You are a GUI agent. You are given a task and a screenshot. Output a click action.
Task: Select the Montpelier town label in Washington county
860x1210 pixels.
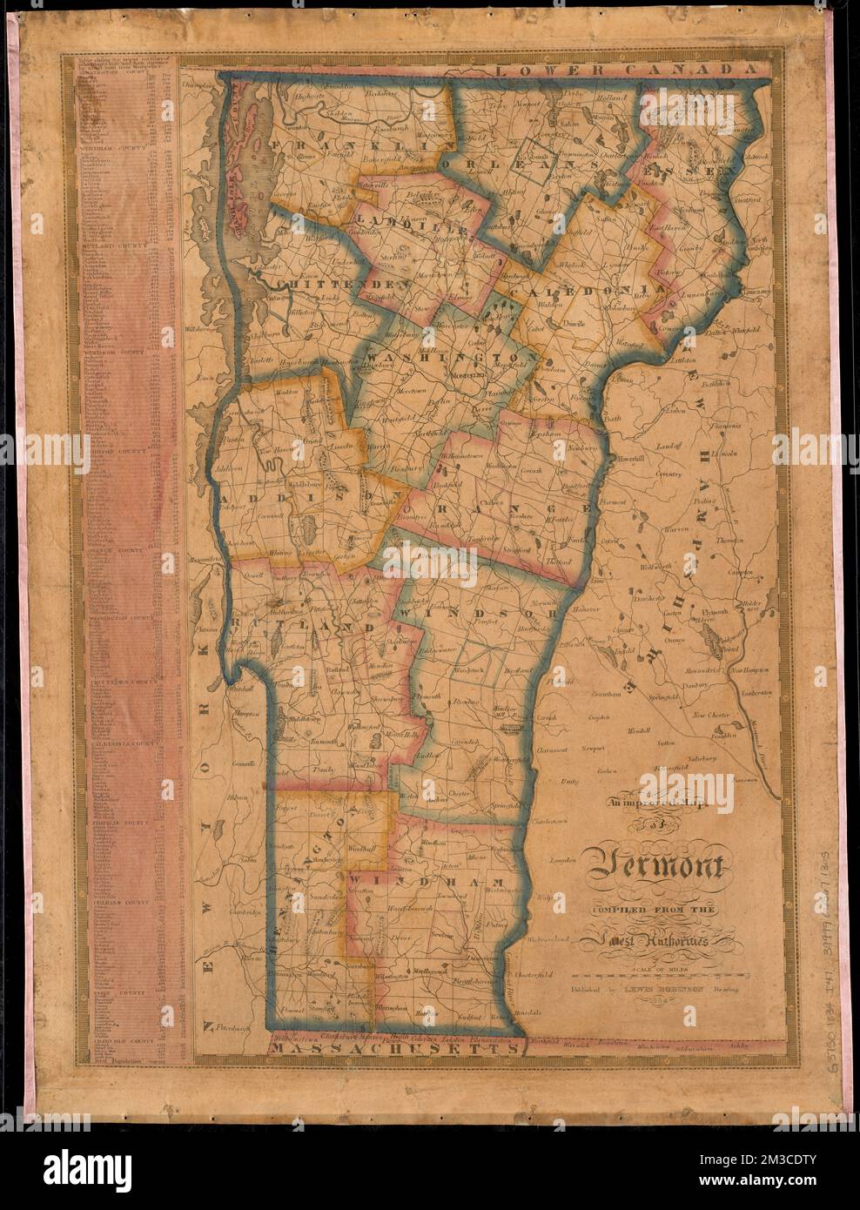click(x=471, y=375)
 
